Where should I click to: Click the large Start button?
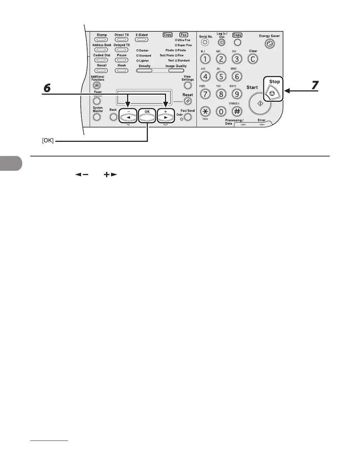(x=260, y=104)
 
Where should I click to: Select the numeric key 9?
(x=237, y=94)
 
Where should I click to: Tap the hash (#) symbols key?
(x=237, y=111)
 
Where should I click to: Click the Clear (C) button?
(x=253, y=59)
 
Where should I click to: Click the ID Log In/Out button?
(x=221, y=43)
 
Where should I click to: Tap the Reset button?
(x=187, y=101)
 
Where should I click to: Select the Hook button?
(x=121, y=70)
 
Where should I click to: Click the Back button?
(x=113, y=116)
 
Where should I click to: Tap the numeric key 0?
(x=221, y=111)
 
